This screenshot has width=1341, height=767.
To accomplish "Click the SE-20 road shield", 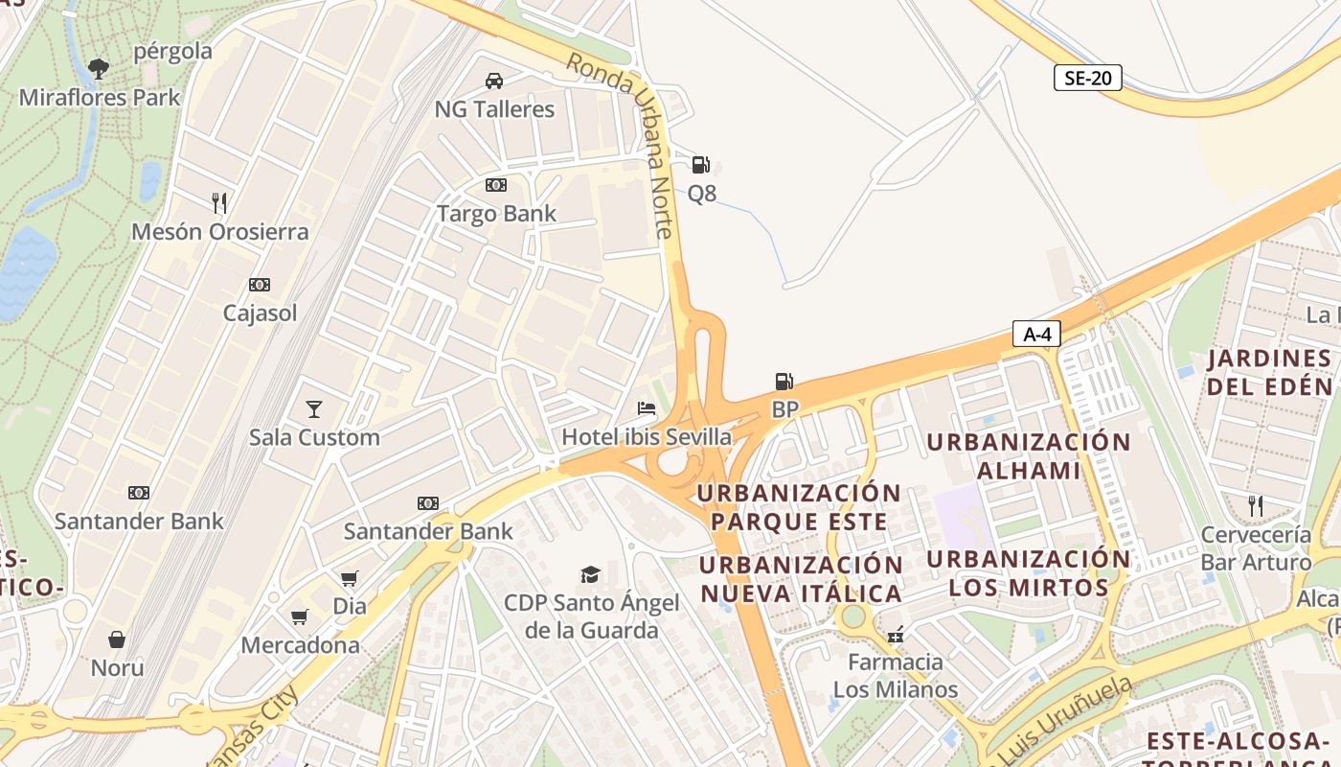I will click(1087, 78).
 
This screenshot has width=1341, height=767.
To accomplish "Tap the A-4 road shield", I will click(1037, 334).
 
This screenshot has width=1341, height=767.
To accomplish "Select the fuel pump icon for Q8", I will click(701, 165).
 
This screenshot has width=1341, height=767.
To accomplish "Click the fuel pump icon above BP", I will click(784, 382).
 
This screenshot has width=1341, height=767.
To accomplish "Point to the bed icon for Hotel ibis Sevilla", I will click(647, 408).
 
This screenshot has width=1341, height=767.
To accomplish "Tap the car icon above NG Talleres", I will click(494, 81).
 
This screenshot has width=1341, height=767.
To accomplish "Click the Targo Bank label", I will click(496, 213).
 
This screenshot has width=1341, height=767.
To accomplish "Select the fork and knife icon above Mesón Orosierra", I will click(219, 202).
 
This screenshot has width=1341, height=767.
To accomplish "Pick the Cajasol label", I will click(260, 313).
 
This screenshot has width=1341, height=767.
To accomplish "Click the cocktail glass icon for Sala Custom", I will click(313, 409).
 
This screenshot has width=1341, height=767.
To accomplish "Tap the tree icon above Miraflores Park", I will click(98, 68).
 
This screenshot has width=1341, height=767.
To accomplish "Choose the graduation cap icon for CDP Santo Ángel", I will click(590, 574).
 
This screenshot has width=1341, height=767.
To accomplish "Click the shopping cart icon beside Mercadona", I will click(300, 616).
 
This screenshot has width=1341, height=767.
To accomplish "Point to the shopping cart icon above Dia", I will click(349, 578).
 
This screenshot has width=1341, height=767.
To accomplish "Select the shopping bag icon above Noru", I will click(117, 639).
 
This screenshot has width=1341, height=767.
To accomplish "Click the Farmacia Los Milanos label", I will click(895, 675).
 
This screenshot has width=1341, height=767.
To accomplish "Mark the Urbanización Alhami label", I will click(1028, 456).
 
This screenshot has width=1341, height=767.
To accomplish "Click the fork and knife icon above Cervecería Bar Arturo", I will click(1255, 505).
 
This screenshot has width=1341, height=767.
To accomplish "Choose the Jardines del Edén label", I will click(1269, 373).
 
